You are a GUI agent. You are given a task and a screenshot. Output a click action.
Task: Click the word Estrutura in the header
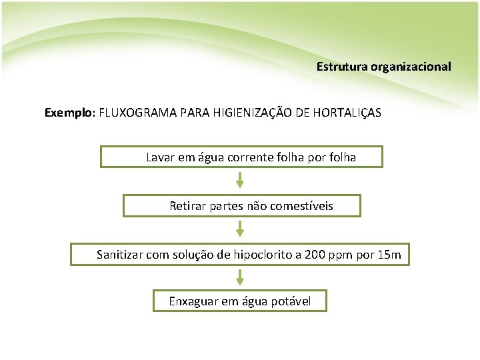click(x=339, y=67)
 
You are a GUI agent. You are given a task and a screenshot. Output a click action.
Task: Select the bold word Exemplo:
click(x=70, y=113)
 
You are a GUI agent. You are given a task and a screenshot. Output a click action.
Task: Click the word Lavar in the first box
click(x=159, y=158)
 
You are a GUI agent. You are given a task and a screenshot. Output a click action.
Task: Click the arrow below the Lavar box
click(x=240, y=180)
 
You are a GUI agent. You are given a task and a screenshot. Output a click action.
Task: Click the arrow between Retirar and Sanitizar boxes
click(x=240, y=229)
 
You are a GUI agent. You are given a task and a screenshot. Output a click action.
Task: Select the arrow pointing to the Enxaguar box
click(x=240, y=277)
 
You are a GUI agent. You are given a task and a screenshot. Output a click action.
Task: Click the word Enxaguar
click(x=193, y=301)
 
